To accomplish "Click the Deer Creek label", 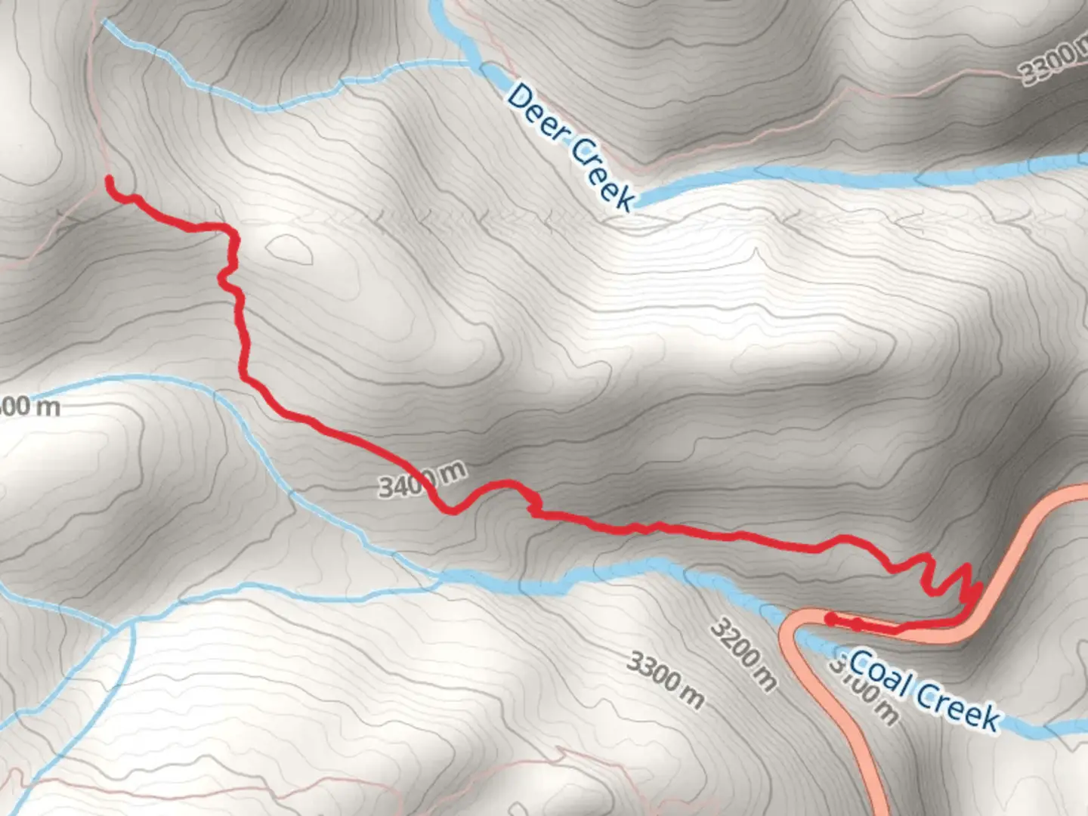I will (571, 147).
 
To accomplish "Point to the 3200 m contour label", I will (743, 654).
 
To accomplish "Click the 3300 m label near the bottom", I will (666, 681).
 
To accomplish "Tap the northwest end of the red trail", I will (110, 180).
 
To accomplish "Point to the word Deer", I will (538, 113).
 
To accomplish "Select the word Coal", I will (878, 672).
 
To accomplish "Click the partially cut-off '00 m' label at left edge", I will (29, 406).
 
